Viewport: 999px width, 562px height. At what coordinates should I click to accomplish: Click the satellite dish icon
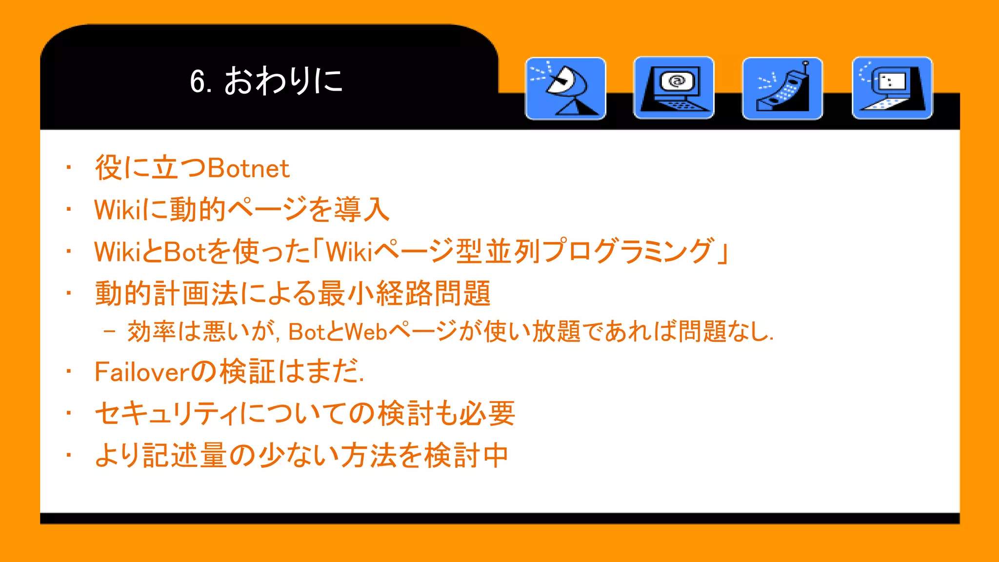[x=565, y=88]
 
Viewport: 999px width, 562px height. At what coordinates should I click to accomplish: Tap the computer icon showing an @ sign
[x=674, y=88]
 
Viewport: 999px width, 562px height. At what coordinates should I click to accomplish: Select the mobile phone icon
[x=782, y=88]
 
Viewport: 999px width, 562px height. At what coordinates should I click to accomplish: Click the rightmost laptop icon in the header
[x=892, y=88]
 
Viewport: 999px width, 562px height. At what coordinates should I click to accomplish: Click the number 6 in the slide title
[x=197, y=81]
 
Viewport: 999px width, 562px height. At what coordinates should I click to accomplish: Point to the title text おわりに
[x=283, y=80]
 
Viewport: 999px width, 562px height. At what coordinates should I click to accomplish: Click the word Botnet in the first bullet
[x=248, y=168]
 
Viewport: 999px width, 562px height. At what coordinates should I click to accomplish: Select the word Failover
[x=141, y=372]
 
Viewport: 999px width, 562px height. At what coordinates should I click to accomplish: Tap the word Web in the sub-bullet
[x=366, y=332]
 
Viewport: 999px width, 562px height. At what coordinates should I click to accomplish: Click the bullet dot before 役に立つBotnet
[x=69, y=168]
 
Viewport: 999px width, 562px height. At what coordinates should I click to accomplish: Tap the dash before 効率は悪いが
[x=110, y=332]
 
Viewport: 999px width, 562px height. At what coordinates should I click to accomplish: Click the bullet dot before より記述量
[x=69, y=455]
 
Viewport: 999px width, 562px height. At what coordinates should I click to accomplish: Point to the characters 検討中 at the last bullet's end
[x=466, y=456]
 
